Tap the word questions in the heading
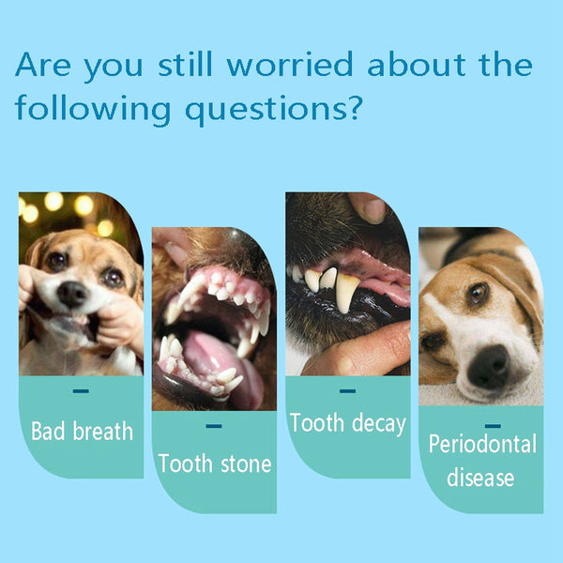271,110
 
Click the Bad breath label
82,432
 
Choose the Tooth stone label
215,463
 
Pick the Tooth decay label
348,423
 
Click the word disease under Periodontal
480,478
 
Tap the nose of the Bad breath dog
71,295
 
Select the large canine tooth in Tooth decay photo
346,292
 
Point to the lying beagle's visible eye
479,294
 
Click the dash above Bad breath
81,390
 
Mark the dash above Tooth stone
214,426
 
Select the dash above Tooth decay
348,390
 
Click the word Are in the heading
46,66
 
